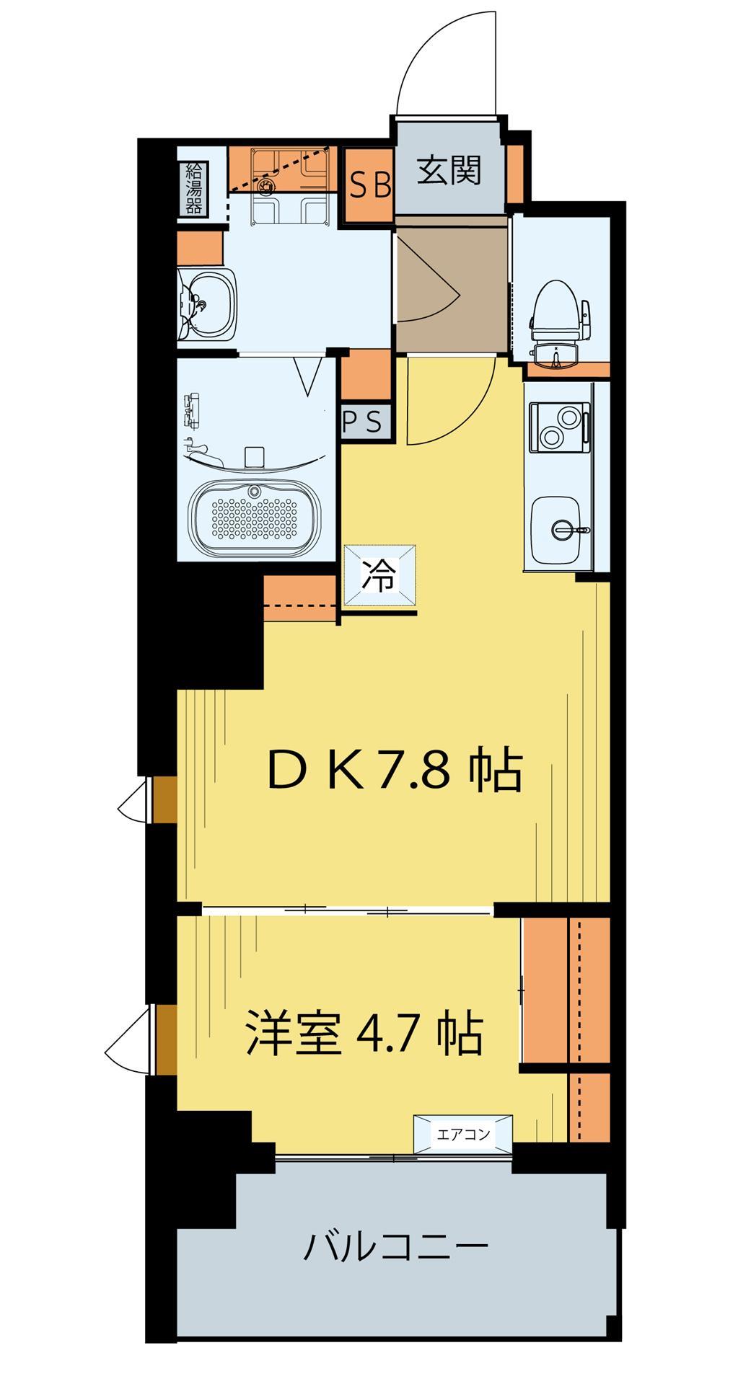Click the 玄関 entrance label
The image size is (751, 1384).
[x=449, y=172]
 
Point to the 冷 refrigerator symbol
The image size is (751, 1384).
[x=379, y=576]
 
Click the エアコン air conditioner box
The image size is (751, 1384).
[x=463, y=1135]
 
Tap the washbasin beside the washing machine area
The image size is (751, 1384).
[x=207, y=304]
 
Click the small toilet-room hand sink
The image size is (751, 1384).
[x=557, y=355]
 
